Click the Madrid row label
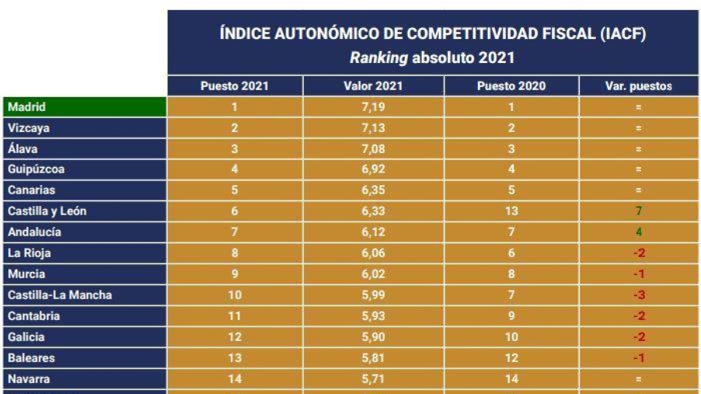[x=27, y=107]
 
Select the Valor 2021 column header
[x=373, y=86]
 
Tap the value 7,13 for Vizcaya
[x=373, y=128]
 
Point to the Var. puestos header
[x=638, y=86]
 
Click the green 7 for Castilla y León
[x=639, y=211]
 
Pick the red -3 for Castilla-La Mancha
[x=638, y=295]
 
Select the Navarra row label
[x=29, y=379]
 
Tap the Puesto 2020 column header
[x=511, y=86]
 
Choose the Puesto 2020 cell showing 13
[x=511, y=211]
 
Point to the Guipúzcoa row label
[x=36, y=170]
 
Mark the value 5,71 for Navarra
[x=373, y=379]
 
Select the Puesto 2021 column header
[x=234, y=86]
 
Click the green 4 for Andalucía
[x=639, y=232]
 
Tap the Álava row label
[x=23, y=149]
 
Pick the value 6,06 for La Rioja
[x=373, y=253]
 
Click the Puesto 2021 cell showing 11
[x=234, y=316]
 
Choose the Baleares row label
[x=31, y=358]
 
